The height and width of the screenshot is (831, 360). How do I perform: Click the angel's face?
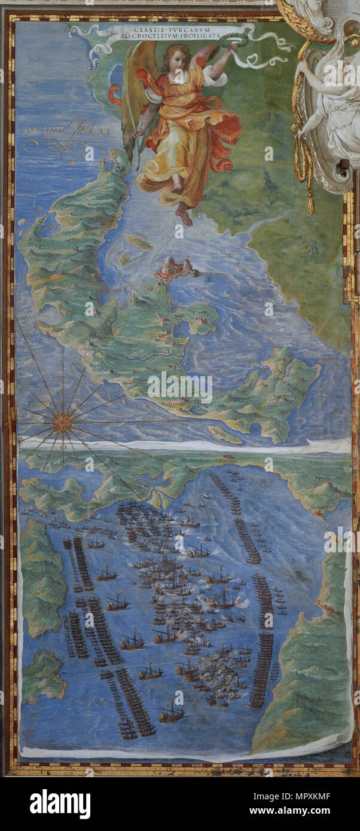(176, 59)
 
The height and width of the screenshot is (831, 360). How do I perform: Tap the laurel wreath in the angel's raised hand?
(228, 42)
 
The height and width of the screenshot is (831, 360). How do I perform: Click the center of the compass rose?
(62, 422)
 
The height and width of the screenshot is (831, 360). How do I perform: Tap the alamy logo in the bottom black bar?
(60, 804)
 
